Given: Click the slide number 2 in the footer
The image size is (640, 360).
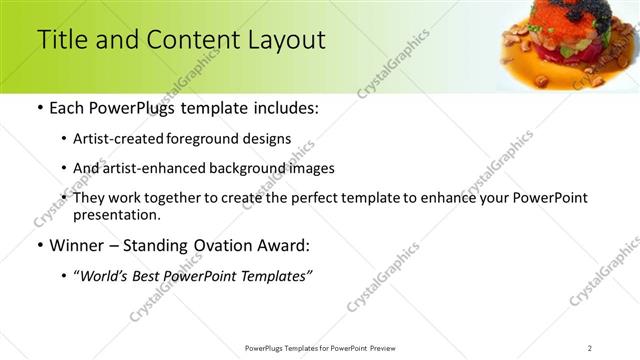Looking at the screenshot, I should coord(589,347).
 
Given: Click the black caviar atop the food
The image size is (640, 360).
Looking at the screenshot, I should coord(565,12).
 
